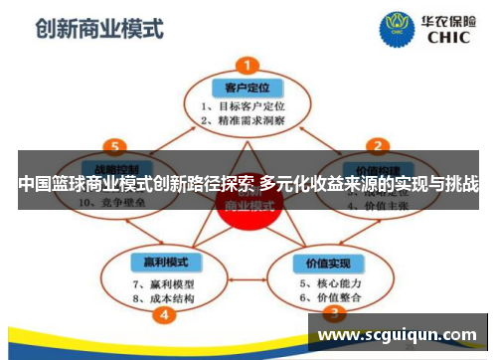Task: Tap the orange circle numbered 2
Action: [x=377, y=145]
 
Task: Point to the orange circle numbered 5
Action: [x=117, y=145]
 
